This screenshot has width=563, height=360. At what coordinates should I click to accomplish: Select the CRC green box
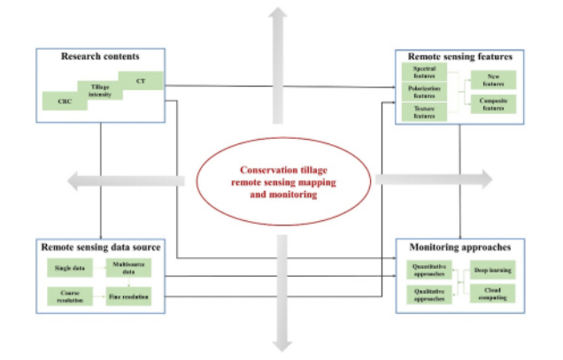click(x=64, y=101)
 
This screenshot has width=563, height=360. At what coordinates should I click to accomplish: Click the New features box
click(x=493, y=80)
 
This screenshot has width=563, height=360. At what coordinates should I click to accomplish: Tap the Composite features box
click(x=493, y=103)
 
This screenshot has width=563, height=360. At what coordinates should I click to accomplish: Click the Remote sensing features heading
click(x=455, y=57)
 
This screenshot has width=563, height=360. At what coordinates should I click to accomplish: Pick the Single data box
click(x=67, y=267)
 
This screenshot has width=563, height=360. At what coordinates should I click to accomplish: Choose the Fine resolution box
click(x=125, y=295)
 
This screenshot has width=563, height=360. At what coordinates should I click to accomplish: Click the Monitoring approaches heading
click(x=459, y=245)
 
